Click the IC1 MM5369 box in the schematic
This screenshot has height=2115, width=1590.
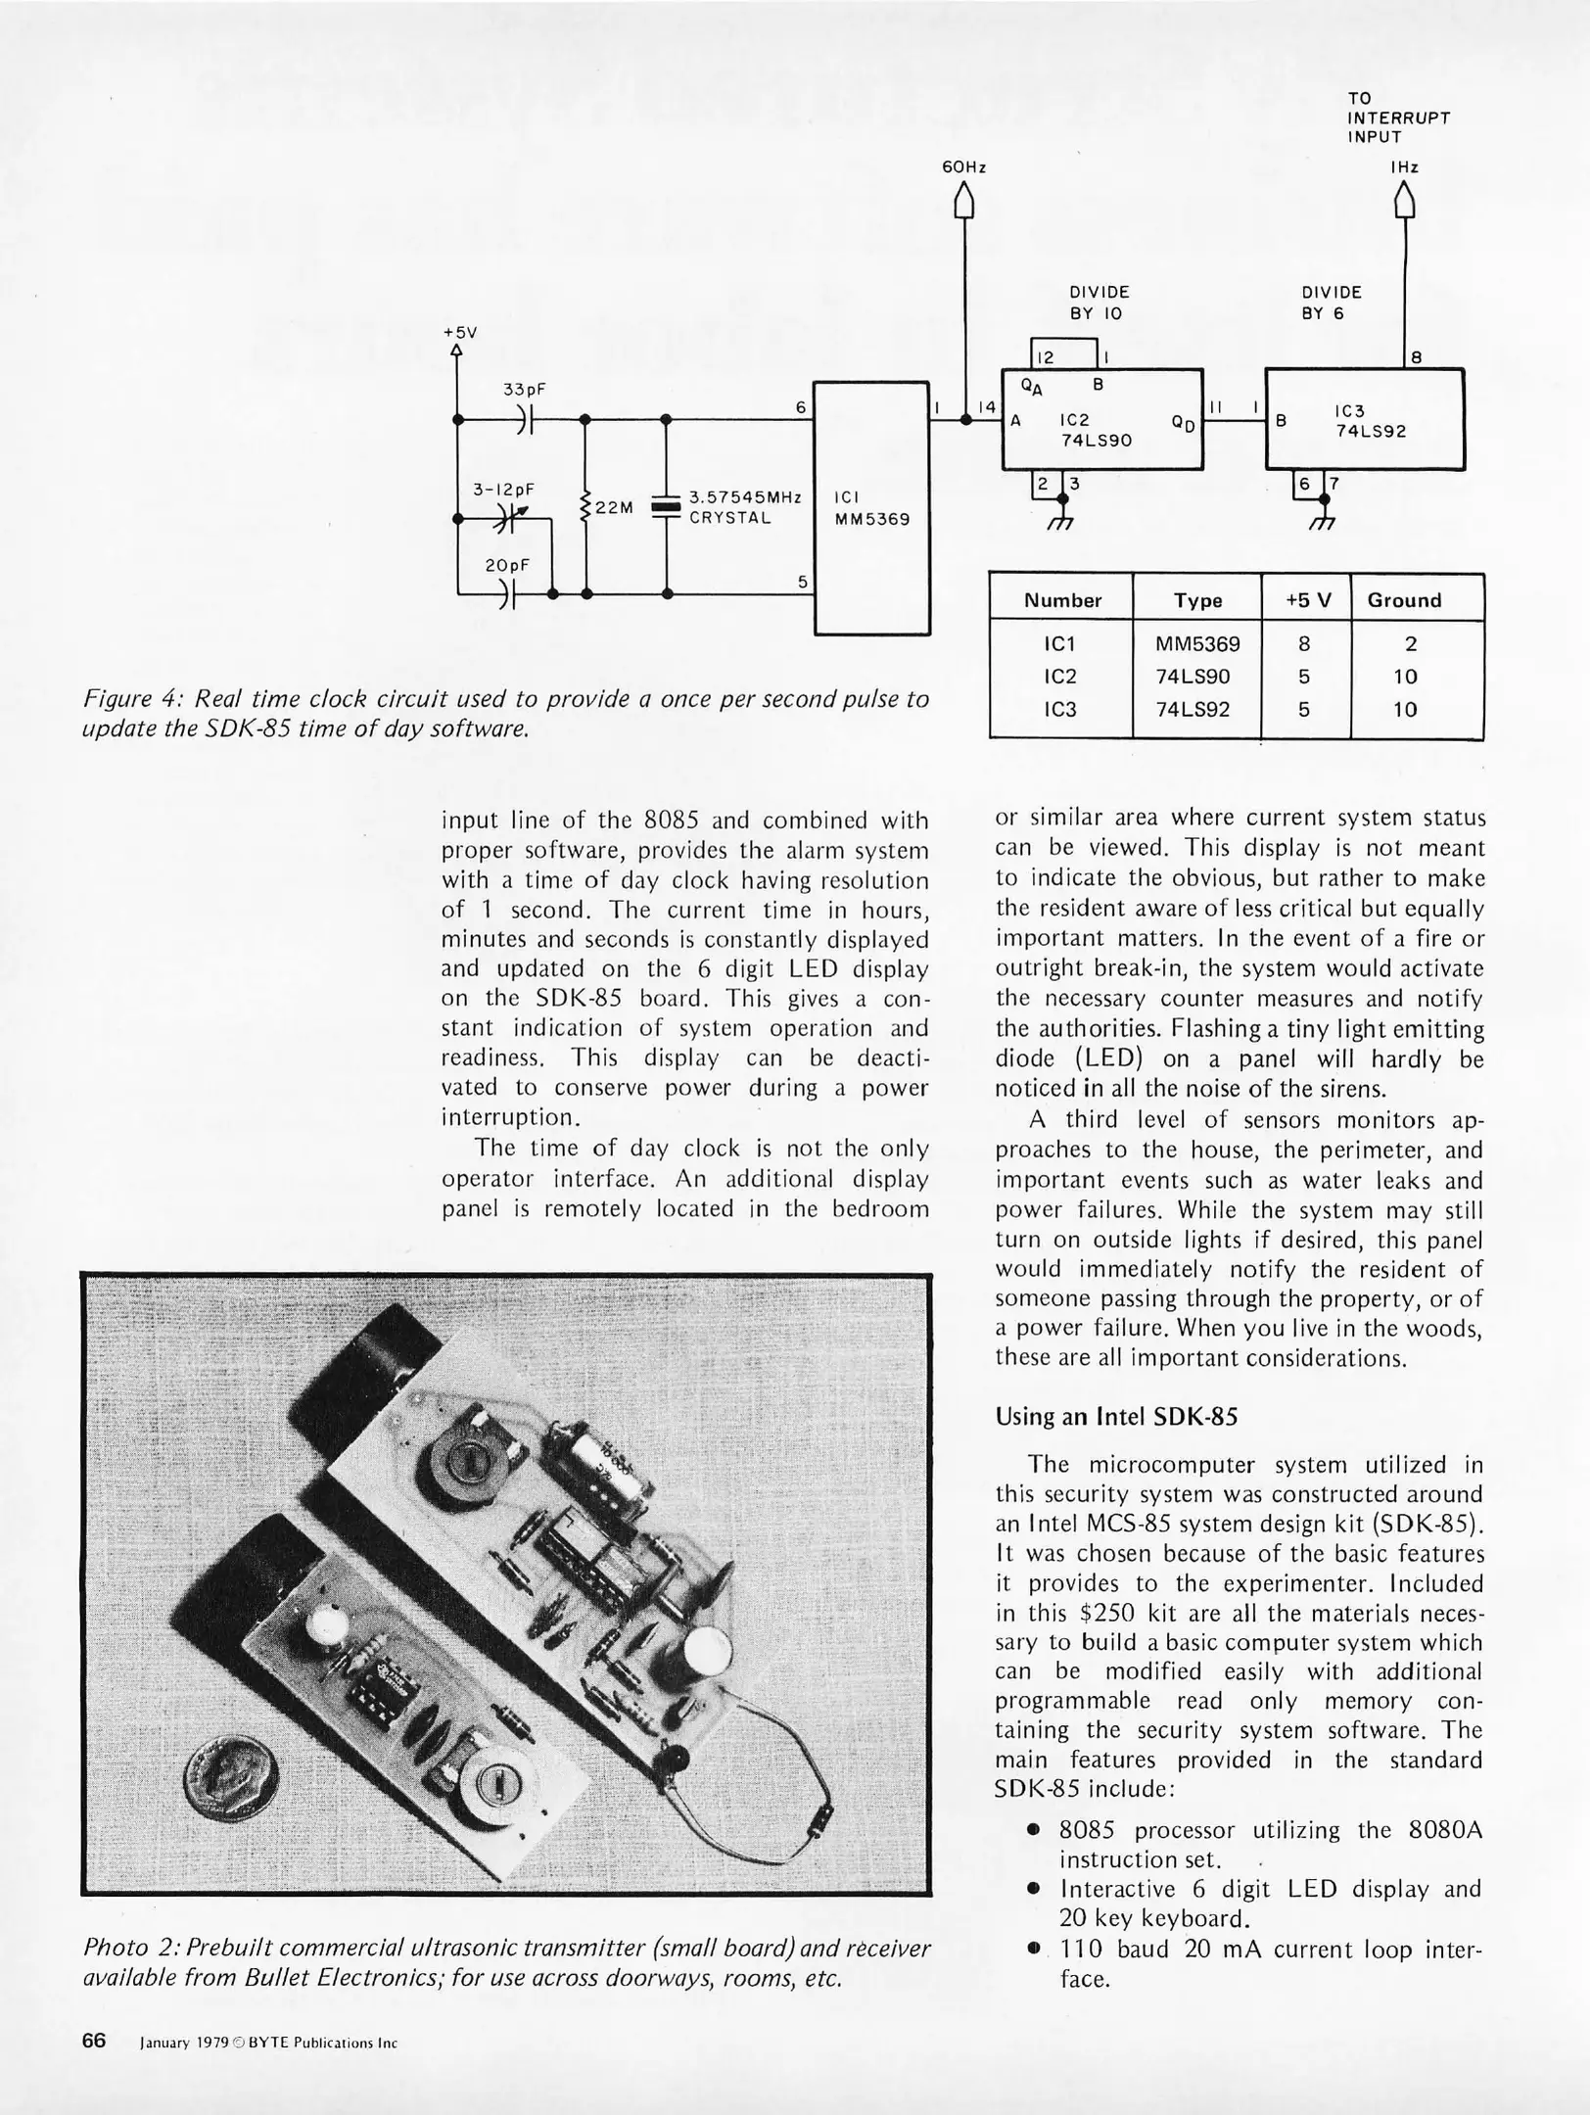coord(871,507)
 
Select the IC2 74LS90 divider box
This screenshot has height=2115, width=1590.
coord(1101,419)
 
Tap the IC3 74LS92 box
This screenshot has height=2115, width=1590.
coord(1365,419)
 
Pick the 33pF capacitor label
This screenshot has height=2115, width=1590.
coord(525,389)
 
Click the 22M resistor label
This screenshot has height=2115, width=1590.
coord(615,507)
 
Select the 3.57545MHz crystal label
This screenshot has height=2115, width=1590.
coord(745,507)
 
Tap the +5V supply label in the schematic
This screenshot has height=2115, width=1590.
coord(459,332)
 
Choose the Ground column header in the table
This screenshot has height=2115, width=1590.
coord(1404,600)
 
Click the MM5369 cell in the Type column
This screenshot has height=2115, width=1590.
coord(1197,644)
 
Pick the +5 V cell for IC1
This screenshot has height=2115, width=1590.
coord(1304,644)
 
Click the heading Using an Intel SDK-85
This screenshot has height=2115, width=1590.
coord(1116,1416)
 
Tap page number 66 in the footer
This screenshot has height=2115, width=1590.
coord(94,2041)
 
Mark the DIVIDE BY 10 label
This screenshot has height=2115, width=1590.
coord(1099,303)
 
